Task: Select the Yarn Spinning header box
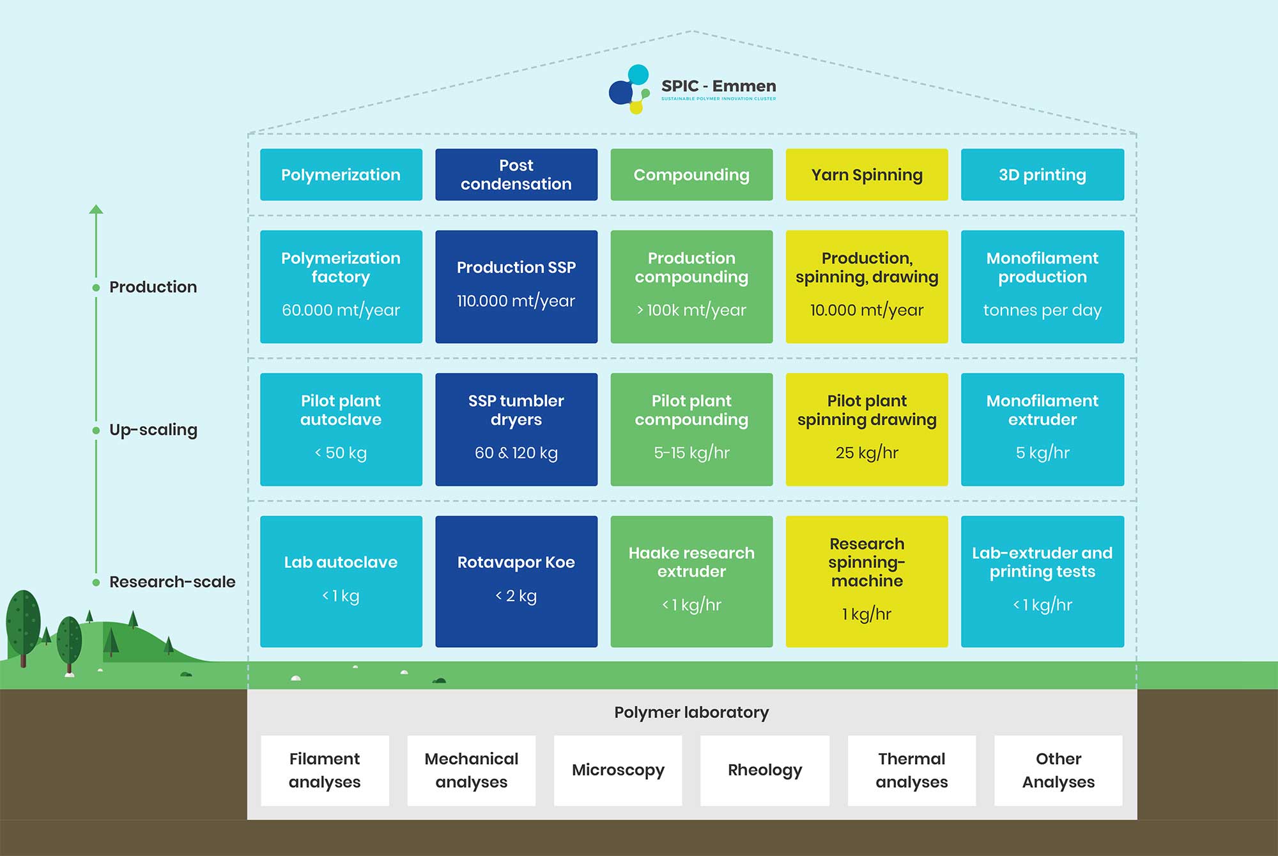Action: click(x=866, y=175)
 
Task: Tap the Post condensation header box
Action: click(x=516, y=175)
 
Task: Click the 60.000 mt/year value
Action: click(x=341, y=310)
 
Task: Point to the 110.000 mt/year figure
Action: click(x=516, y=301)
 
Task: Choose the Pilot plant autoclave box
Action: click(x=341, y=429)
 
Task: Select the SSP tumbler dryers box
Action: click(x=516, y=429)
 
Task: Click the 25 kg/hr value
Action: click(x=866, y=453)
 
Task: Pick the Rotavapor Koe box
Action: click(x=516, y=581)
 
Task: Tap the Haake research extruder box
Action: click(x=691, y=581)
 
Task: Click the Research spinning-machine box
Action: click(x=866, y=581)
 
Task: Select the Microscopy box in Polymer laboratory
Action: click(x=618, y=770)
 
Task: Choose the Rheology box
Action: click(x=765, y=770)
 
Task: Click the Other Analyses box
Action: click(x=1058, y=770)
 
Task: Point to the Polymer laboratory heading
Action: click(x=691, y=712)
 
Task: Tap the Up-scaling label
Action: click(x=153, y=430)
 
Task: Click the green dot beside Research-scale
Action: click(x=96, y=583)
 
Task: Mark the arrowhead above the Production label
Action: click(x=96, y=210)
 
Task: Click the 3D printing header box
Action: click(x=1042, y=175)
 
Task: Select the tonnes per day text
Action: click(x=1042, y=310)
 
